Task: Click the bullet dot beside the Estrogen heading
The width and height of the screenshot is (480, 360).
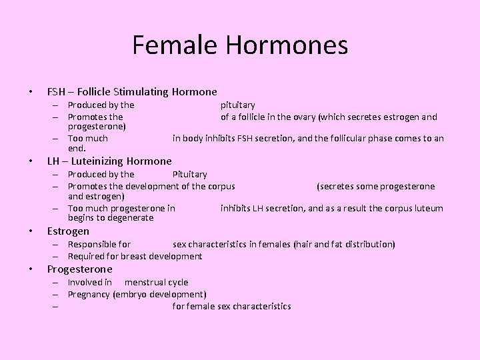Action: pos(31,232)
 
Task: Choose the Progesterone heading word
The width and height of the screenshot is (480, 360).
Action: pos(79,269)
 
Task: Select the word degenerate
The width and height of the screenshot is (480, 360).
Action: pos(131,218)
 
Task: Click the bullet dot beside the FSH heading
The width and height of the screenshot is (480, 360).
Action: pos(31,92)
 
